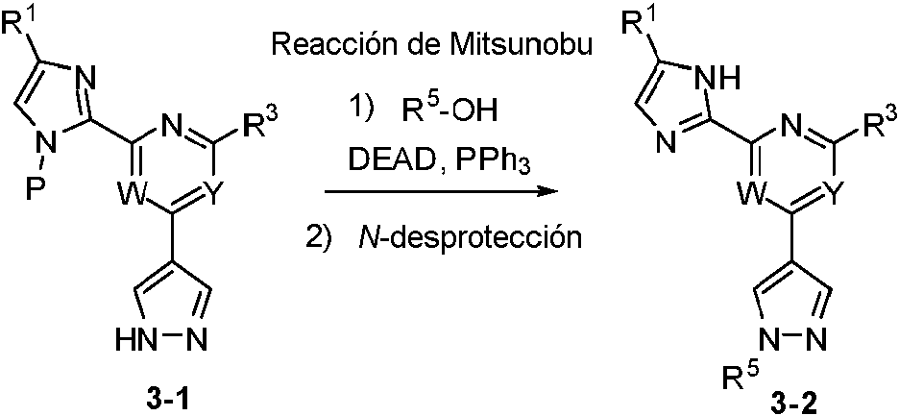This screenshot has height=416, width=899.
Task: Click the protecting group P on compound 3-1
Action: click(36, 184)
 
